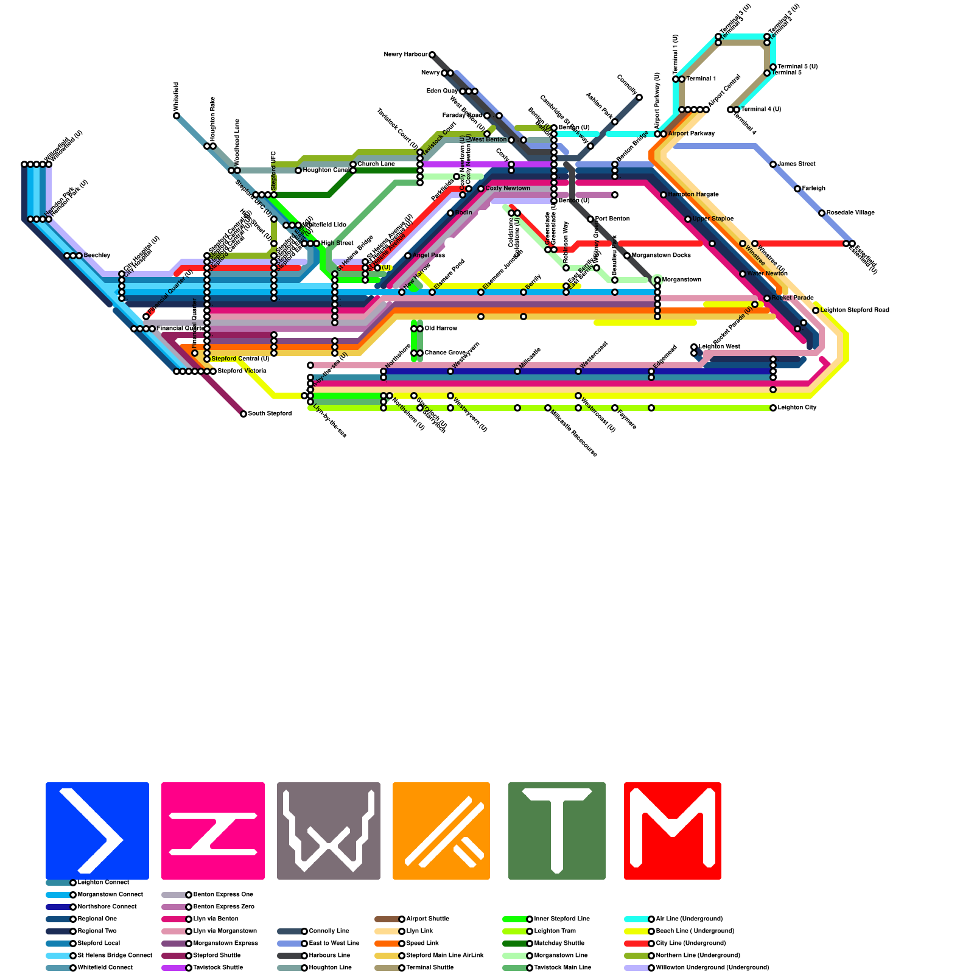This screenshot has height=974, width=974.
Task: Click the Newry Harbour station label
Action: click(405, 55)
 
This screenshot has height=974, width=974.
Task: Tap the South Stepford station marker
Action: click(243, 414)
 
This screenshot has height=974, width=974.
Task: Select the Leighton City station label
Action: click(797, 408)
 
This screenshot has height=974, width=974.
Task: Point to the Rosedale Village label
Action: click(850, 213)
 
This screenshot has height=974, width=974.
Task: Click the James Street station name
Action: click(796, 164)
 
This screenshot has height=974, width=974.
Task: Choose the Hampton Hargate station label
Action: click(693, 195)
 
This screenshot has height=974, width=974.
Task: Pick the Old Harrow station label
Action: click(441, 329)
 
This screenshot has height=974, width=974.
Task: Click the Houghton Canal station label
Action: click(326, 170)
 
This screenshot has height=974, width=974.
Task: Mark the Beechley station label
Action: click(97, 256)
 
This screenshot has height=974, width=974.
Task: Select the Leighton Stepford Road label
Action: click(855, 310)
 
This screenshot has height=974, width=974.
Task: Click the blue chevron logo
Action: click(97, 830)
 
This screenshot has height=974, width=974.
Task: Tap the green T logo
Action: click(556, 830)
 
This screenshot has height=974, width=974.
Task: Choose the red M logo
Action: click(672, 830)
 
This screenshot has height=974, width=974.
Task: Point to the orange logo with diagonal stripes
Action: click(441, 830)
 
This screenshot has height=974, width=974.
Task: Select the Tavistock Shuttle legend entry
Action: click(218, 968)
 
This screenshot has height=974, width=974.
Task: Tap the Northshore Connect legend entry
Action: click(107, 907)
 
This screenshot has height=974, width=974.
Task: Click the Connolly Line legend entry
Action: click(329, 931)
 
